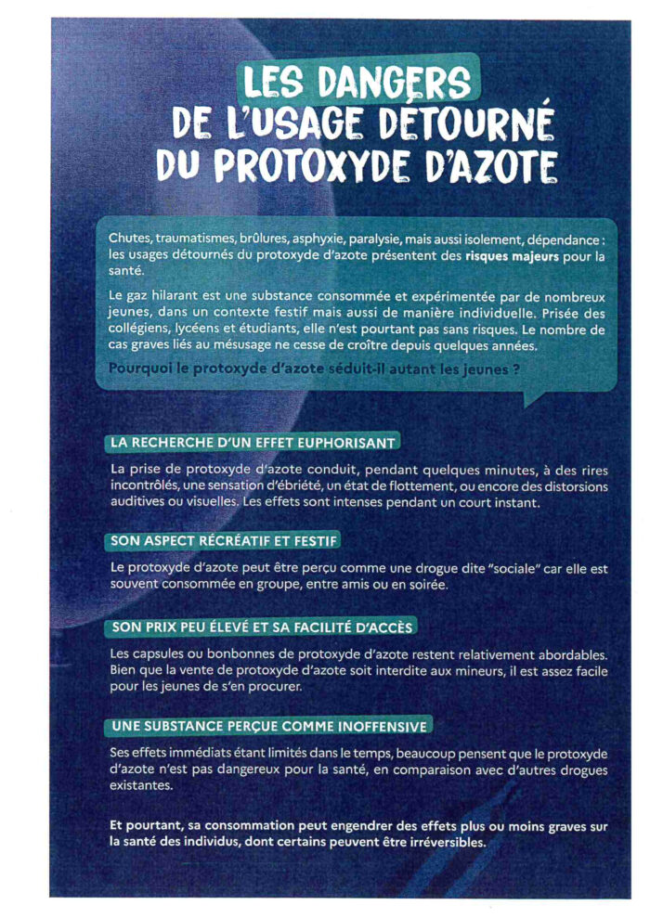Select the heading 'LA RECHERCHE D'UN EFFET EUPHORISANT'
point(253,442)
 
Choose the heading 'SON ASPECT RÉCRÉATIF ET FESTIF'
point(224,539)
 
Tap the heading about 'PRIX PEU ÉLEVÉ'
point(262,627)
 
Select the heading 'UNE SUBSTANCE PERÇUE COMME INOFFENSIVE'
point(268,725)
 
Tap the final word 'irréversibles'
point(441,843)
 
